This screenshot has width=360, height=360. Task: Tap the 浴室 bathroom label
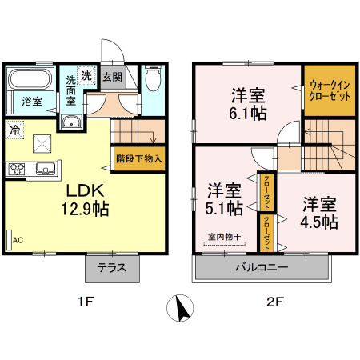(x=32, y=102)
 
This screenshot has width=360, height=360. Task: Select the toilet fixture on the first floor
(x=153, y=79)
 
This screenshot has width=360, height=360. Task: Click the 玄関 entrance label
(x=112, y=77)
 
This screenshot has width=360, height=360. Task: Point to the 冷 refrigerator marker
(x=14, y=128)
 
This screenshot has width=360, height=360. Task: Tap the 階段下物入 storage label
(x=138, y=158)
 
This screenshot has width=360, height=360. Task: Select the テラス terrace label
(x=112, y=268)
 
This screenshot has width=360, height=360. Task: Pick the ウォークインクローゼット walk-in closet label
(x=329, y=90)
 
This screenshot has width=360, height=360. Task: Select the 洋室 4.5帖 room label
(x=319, y=210)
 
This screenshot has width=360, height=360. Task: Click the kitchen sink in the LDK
(x=45, y=168)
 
